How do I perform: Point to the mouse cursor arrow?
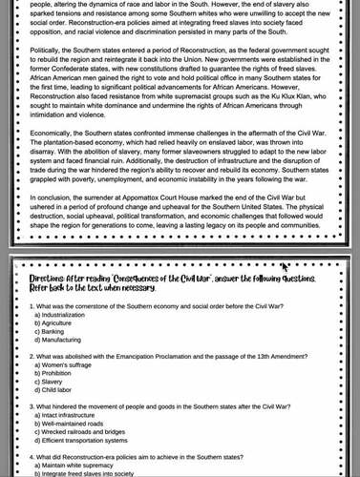(x=284, y=268)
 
